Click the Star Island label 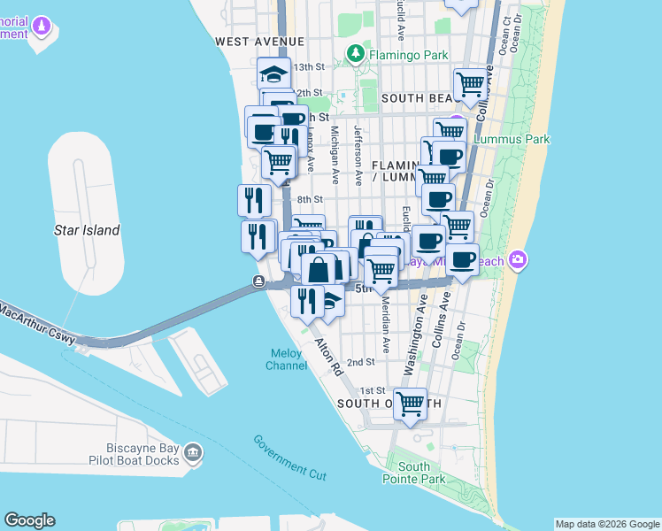[x=87, y=230]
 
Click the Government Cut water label [x=289, y=458]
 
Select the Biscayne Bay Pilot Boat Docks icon [x=193, y=454]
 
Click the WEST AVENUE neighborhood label [x=259, y=42]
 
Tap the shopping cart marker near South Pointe [x=410, y=404]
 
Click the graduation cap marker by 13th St [x=274, y=73]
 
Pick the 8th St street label [x=311, y=200]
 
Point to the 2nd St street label [x=360, y=362]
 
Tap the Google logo [x=29, y=520]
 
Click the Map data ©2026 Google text [x=607, y=524]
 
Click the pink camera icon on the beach [x=519, y=260]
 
